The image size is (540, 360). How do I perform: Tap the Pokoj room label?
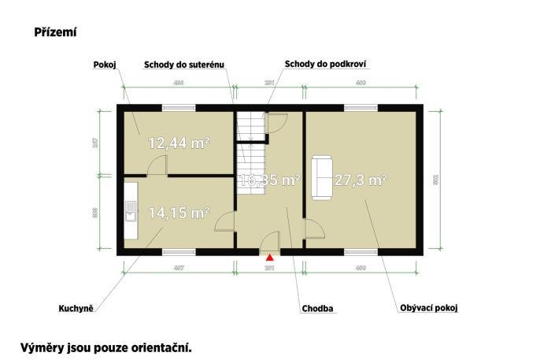pyautogui.click(x=105, y=65)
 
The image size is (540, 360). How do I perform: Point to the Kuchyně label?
pyautogui.click(x=76, y=308)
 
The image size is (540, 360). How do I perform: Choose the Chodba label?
pyautogui.click(x=318, y=308)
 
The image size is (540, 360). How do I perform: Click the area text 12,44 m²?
pyautogui.click(x=178, y=143)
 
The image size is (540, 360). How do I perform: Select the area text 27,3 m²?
pyautogui.click(x=361, y=180)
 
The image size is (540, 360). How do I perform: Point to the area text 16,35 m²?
pyautogui.click(x=270, y=180)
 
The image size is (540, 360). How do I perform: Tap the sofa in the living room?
pyautogui.click(x=321, y=176)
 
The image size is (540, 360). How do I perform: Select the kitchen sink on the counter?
pyautogui.click(x=131, y=209)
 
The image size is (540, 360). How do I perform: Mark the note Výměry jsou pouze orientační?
pyautogui.click(x=105, y=346)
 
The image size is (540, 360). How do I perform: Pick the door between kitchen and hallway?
pyautogui.click(x=225, y=221)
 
